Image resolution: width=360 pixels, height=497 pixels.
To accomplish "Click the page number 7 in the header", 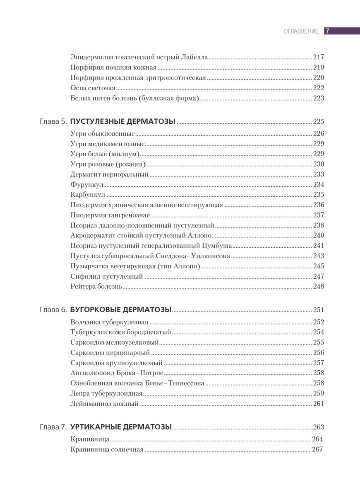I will (327, 31).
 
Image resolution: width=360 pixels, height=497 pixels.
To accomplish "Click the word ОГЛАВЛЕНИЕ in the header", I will (301, 31).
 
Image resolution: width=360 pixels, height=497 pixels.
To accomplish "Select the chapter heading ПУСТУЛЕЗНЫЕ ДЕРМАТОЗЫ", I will (123, 121).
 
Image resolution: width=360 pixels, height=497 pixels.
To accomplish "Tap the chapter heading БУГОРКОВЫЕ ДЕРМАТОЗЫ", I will (121, 309).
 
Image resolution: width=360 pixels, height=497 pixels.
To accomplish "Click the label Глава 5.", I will (53, 121).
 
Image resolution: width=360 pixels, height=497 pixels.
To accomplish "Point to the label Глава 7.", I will (53, 427).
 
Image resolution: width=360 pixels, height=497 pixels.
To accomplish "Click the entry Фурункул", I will (87, 184).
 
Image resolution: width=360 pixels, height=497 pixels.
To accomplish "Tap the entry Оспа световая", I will (93, 88).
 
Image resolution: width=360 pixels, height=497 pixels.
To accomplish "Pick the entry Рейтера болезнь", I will (96, 286).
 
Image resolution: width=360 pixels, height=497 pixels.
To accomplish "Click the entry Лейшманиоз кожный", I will (104, 403).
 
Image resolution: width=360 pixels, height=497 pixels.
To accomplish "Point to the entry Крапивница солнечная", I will (107, 450).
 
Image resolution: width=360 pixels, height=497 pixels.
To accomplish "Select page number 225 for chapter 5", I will (318, 121).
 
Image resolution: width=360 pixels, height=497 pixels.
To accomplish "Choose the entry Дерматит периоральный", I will (109, 174).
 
